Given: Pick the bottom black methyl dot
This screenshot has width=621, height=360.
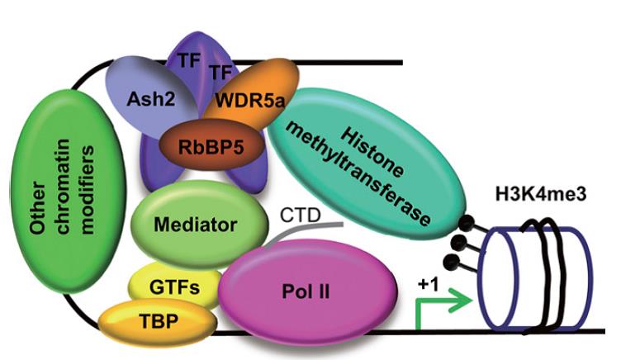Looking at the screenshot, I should click(451, 263).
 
